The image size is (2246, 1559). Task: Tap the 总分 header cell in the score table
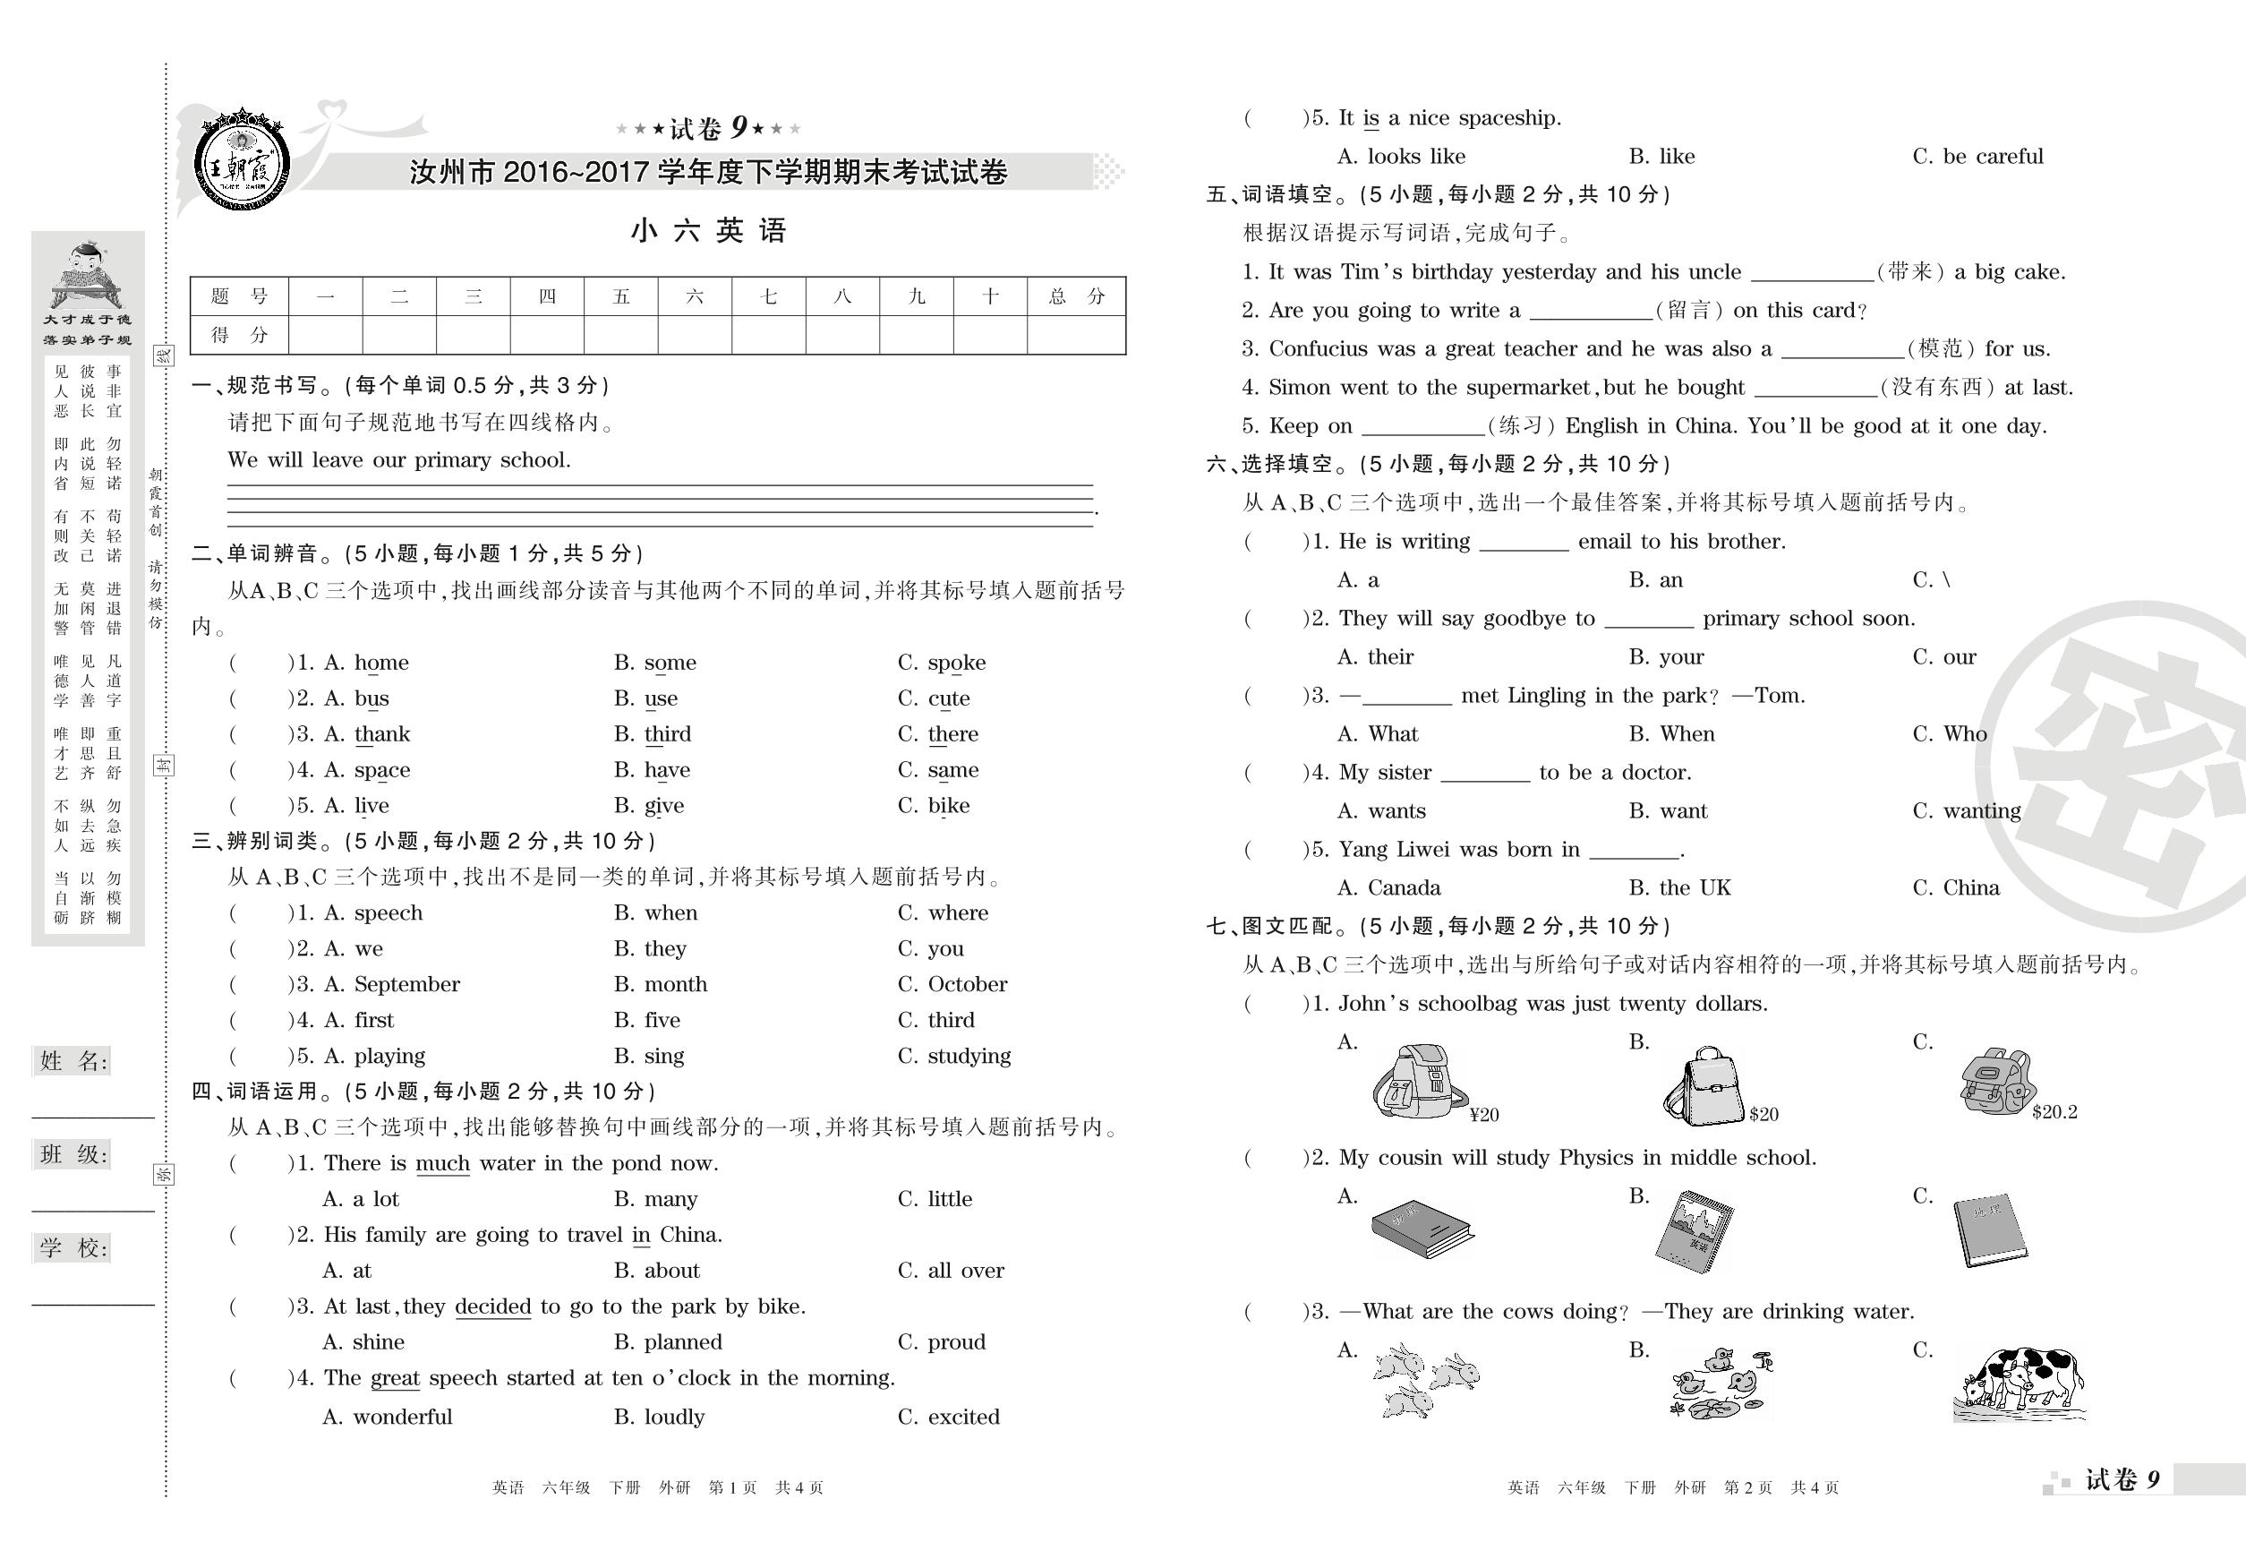(x=1075, y=297)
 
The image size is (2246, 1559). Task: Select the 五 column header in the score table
(x=621, y=297)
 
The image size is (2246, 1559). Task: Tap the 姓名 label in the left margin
(x=73, y=1062)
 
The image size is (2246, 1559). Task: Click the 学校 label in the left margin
(x=73, y=1248)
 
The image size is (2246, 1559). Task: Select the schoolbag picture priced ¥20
(x=1420, y=1082)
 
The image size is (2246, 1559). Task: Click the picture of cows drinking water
(x=2020, y=1384)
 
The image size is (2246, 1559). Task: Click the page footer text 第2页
(x=1747, y=1487)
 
